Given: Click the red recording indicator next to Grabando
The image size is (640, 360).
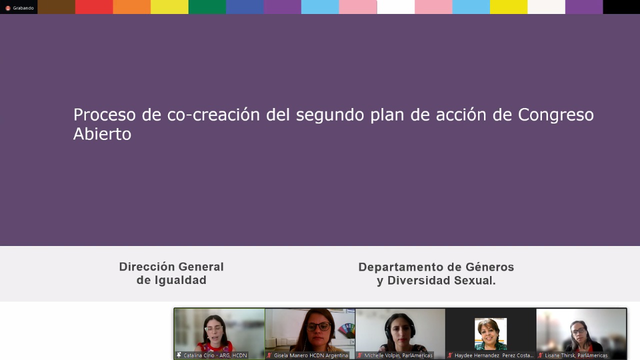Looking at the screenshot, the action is pos(8,8).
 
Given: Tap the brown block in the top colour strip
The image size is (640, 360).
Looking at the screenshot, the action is pos(56,7).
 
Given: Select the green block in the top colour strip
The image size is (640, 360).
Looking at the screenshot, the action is pos(207,7).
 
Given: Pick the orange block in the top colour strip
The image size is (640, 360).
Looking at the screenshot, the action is pos(131,7).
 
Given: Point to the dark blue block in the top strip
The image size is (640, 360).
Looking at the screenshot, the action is pos(245,7).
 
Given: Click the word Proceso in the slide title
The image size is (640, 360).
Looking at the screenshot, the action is pos(104,115).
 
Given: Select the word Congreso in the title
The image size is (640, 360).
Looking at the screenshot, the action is pos(556,115).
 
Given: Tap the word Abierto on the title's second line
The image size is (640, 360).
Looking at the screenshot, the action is pos(102,133).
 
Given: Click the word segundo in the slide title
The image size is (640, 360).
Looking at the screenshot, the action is pos(330,115).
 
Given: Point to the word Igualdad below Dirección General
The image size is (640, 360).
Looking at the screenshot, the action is pos(180,280).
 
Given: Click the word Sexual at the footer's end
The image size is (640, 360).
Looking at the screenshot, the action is pos(475,280).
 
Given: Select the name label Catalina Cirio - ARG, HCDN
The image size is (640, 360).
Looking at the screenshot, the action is pos(215,355).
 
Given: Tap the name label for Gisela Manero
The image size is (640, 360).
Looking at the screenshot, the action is pos(311,355).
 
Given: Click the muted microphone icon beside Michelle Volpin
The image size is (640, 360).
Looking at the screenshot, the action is pos(359,355).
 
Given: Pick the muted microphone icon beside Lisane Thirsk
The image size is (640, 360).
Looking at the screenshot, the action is pos(540,355).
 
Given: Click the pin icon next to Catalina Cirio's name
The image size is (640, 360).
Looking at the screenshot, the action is pos(179,355).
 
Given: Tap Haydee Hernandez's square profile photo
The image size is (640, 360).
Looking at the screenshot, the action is pos(490,334).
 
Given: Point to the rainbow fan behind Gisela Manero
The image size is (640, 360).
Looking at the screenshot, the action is pos(346,330).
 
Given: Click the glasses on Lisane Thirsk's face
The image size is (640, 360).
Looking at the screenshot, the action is pos(578,331).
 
